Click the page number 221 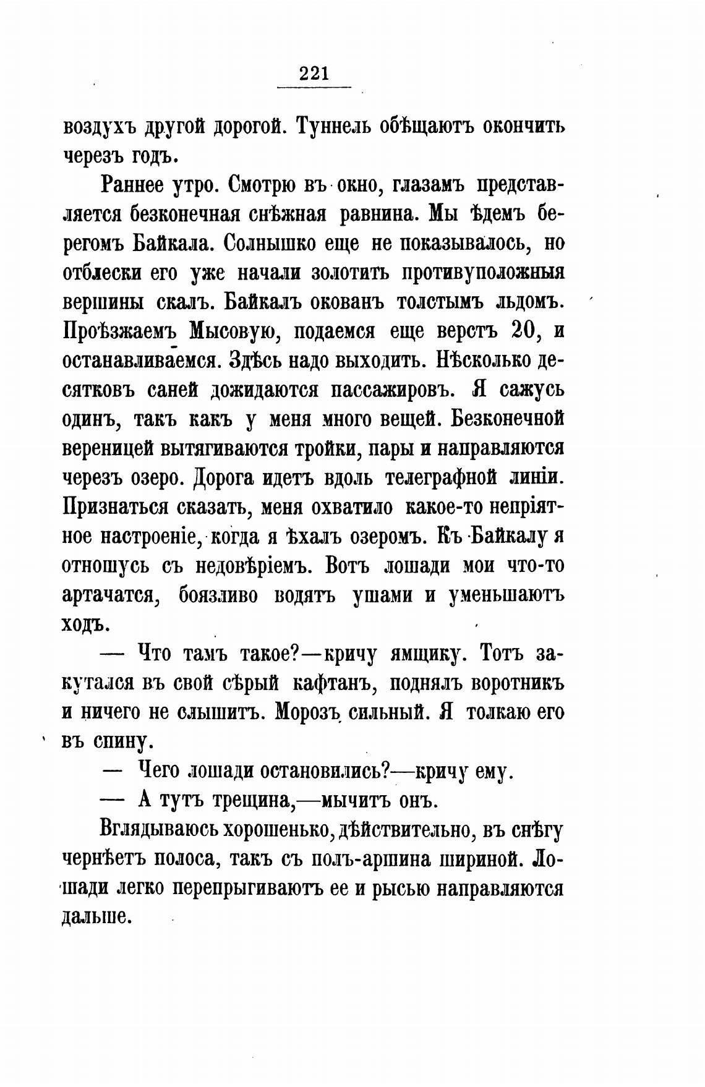pos(313,74)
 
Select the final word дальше pos(98,918)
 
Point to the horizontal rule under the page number pos(314,87)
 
